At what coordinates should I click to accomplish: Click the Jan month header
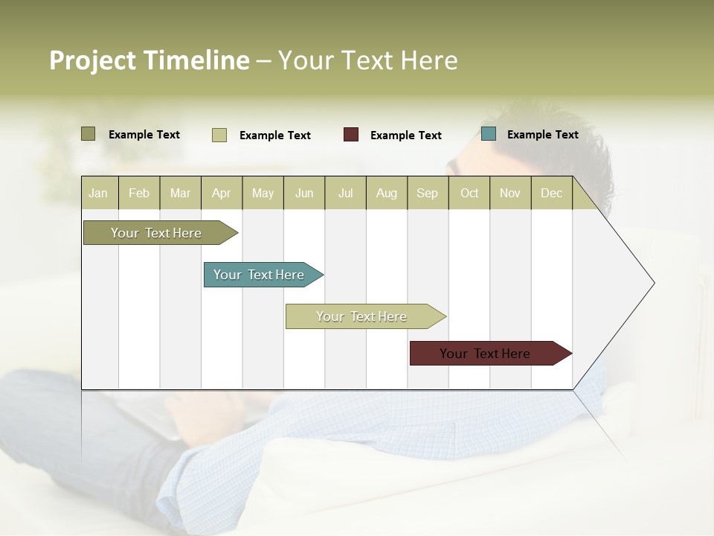coord(98,193)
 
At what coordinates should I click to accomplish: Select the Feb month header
coord(139,193)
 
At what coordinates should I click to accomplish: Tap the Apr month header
coord(221,193)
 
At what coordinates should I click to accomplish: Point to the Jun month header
coord(304,193)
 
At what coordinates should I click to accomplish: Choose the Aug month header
coord(386,193)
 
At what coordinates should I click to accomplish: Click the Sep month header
coord(427,193)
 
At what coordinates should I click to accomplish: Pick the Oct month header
coord(469,193)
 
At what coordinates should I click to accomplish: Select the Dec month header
coord(551,193)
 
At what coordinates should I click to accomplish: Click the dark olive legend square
coord(89,134)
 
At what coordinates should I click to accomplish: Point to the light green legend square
coord(219,135)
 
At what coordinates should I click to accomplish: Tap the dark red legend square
coord(351,135)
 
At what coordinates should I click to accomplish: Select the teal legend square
coord(489,134)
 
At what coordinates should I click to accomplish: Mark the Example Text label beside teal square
coord(542,135)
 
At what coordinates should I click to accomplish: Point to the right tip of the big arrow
coord(653,283)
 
